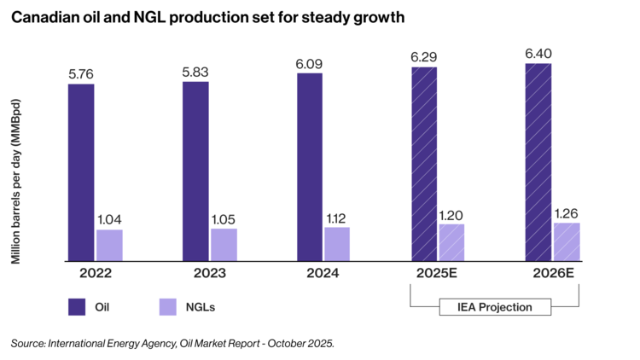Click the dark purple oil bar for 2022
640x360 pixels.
coord(81,172)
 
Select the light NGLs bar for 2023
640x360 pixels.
coord(224,245)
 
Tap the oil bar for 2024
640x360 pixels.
coord(310,167)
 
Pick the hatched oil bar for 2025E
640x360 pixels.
coord(424,164)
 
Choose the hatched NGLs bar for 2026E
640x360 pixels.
coord(567,242)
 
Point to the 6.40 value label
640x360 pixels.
coord(538,54)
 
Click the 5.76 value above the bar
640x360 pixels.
coord(81,74)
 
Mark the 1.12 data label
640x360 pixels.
coord(336,218)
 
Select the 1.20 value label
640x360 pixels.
coord(451,215)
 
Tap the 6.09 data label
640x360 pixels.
coord(309,64)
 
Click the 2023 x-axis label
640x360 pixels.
coord(209,273)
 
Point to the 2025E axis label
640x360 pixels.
coord(436,273)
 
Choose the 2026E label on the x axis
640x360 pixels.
coord(553,273)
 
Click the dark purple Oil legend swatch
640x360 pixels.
coord(77,307)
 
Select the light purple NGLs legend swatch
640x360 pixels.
coord(168,307)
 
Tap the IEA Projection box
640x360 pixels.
coord(495,307)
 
